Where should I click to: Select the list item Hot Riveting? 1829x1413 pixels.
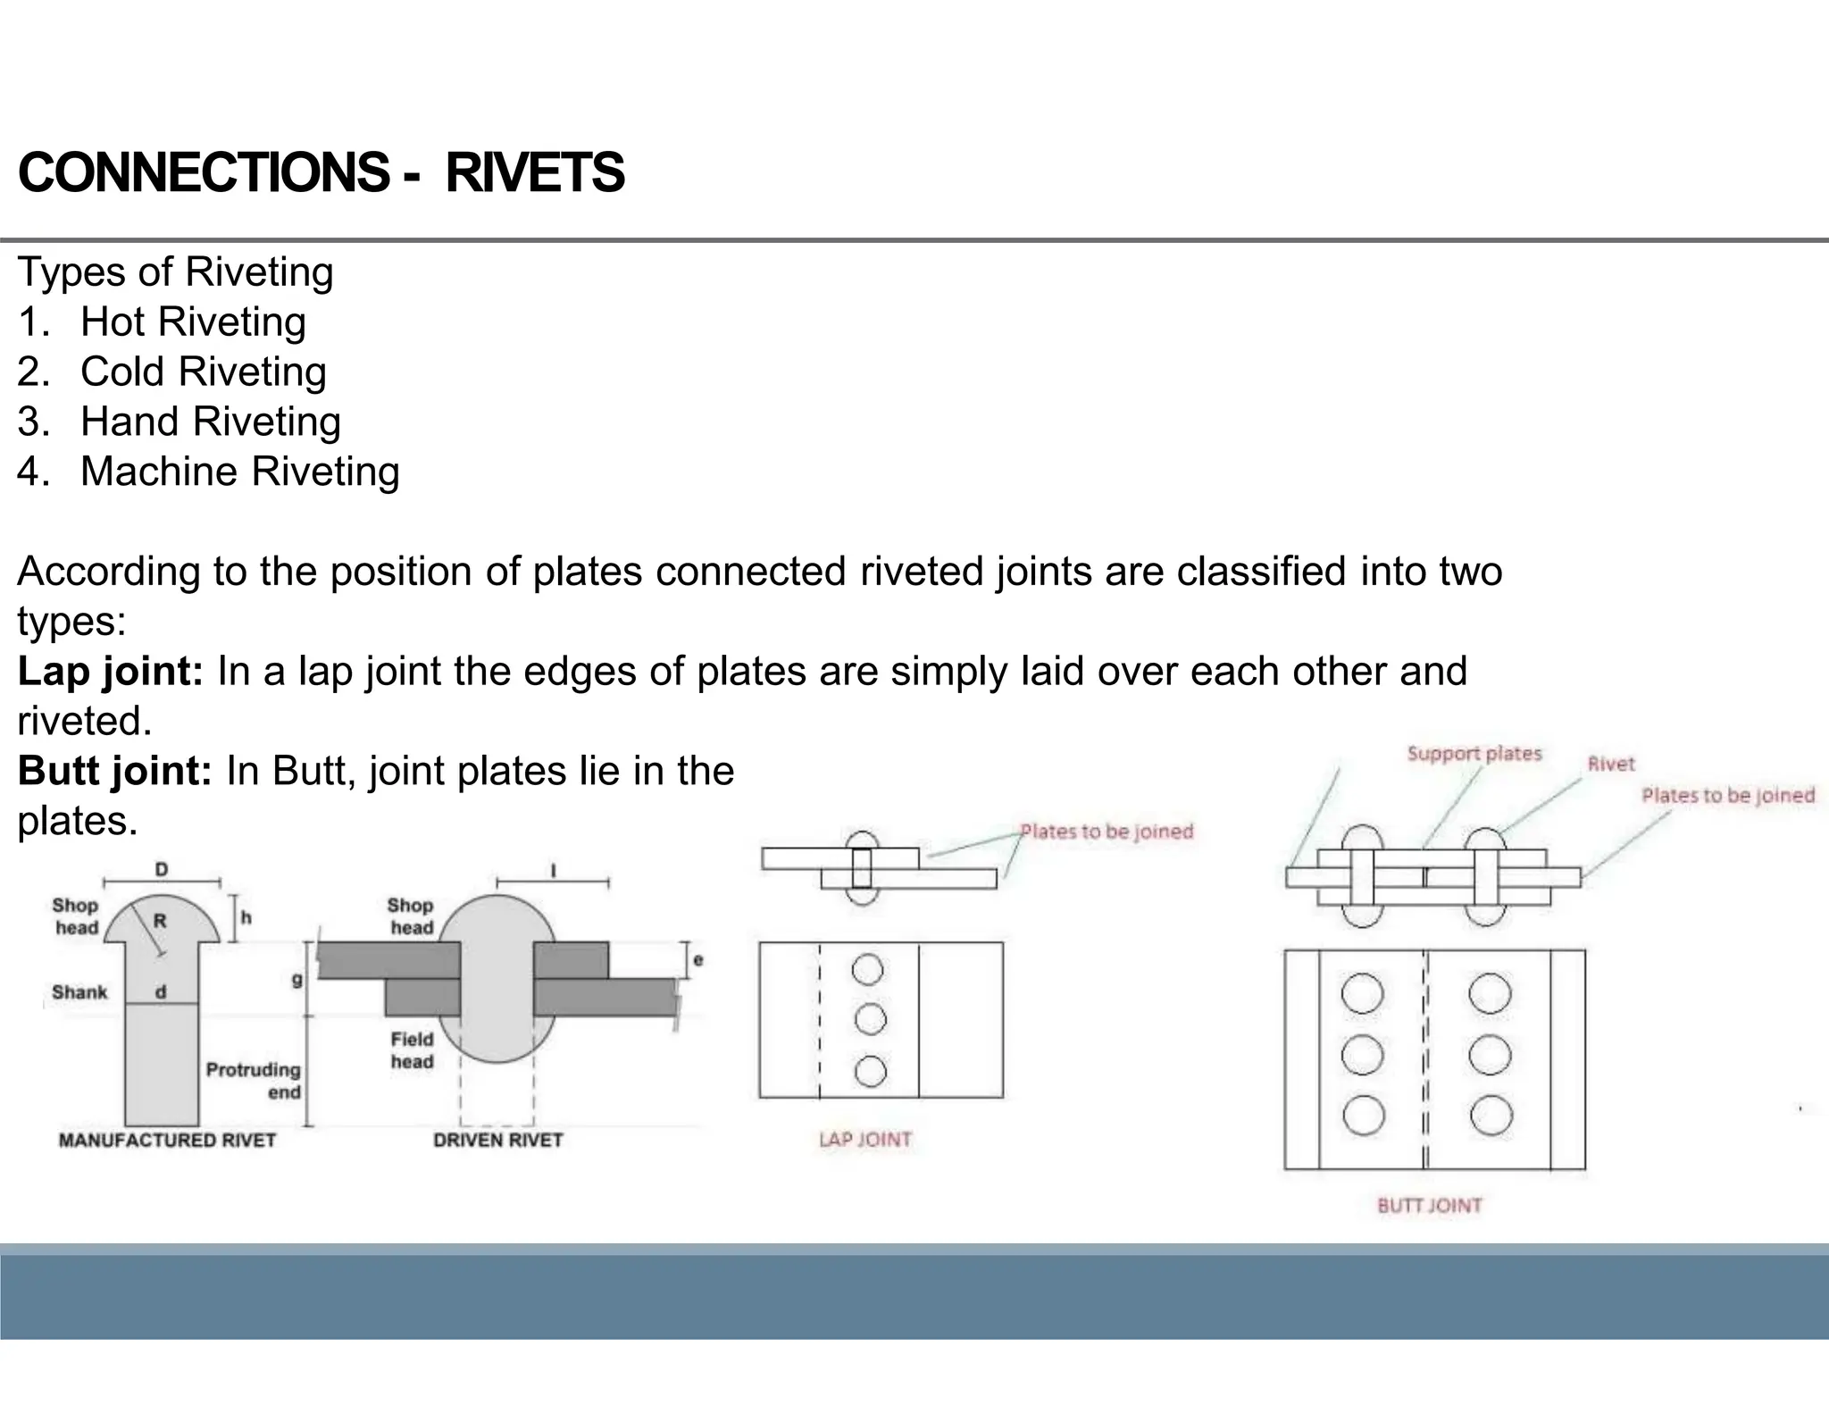193,322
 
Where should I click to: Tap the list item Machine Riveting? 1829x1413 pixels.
239,472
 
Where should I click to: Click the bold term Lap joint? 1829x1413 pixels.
111,671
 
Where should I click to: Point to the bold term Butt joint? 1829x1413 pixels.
114,771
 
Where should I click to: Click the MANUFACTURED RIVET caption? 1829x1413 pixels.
167,1141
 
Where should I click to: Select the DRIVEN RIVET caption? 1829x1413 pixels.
497,1141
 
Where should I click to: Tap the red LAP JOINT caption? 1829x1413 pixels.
864,1140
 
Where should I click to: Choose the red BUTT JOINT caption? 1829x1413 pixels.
1429,1206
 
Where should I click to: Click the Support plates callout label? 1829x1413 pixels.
1474,754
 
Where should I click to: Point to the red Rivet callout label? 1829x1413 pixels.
1610,765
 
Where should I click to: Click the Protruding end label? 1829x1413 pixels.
255,1081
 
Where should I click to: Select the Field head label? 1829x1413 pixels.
412,1050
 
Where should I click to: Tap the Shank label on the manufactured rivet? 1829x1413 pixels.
79,992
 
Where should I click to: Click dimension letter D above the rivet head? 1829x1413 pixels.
162,870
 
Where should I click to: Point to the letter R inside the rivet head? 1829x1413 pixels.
160,921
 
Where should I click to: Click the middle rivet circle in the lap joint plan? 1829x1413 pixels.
870,1019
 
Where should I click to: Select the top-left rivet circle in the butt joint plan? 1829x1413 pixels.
1362,994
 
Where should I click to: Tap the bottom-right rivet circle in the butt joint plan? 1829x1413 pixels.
1491,1115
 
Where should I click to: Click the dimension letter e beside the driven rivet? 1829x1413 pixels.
697,960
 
